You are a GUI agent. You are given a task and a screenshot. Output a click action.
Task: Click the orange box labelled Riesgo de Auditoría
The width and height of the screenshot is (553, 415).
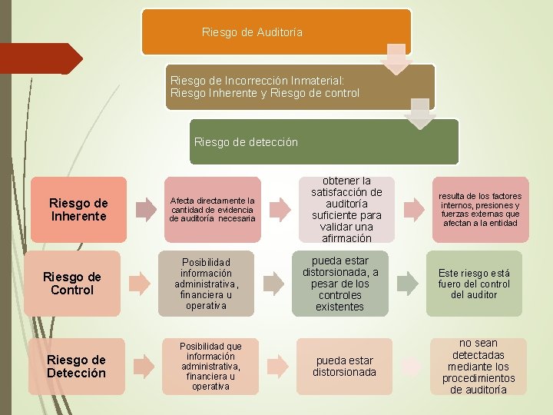pyautogui.click(x=276, y=32)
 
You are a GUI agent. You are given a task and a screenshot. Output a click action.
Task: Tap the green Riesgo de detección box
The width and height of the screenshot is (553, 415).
pyautogui.click(x=323, y=141)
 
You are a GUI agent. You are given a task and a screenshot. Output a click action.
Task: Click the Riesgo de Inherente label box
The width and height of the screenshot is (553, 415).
pyautogui.click(x=78, y=210)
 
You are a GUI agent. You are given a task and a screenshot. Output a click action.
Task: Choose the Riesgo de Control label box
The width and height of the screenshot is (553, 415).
pyautogui.click(x=72, y=284)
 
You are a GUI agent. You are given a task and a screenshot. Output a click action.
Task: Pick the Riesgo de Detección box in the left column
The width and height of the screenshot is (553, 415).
pyautogui.click(x=76, y=367)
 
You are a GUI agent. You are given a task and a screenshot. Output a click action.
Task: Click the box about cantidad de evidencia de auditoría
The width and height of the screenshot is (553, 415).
pyautogui.click(x=212, y=210)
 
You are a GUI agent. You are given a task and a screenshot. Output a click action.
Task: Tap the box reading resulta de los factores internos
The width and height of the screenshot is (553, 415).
pyautogui.click(x=479, y=210)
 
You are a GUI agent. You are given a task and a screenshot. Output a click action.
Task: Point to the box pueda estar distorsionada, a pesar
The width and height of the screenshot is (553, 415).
pyautogui.click(x=340, y=284)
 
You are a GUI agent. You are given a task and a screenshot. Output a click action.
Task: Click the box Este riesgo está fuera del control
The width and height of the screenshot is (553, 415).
pyautogui.click(x=474, y=284)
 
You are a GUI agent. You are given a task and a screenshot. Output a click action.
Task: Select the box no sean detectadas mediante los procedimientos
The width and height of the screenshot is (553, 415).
pyautogui.click(x=479, y=367)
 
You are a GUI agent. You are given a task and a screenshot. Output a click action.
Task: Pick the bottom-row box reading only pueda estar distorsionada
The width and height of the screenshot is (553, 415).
pyautogui.click(x=344, y=367)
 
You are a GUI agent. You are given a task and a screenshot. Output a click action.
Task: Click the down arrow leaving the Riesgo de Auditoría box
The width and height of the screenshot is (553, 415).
pyautogui.click(x=397, y=59)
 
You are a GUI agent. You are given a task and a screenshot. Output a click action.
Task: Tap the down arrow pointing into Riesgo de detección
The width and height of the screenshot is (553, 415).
pyautogui.click(x=421, y=114)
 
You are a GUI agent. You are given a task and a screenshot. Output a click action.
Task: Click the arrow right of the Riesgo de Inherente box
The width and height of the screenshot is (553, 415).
pyautogui.click(x=146, y=210)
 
